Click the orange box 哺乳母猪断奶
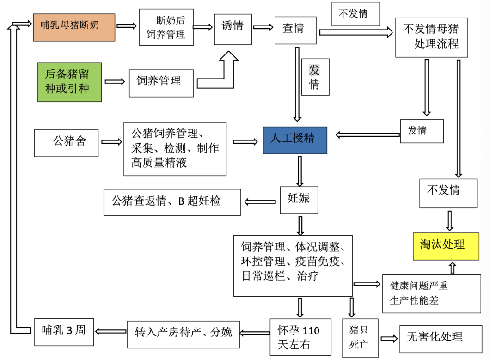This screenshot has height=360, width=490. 74,27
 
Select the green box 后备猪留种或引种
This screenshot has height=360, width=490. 70,82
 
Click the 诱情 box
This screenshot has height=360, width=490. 232,27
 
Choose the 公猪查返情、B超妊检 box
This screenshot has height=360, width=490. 172,202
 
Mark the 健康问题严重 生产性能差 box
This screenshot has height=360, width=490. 431,293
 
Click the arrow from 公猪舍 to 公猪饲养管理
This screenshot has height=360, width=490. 111,142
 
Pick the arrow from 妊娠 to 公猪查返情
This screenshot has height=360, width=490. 260,201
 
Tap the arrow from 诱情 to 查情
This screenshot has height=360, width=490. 263,27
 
